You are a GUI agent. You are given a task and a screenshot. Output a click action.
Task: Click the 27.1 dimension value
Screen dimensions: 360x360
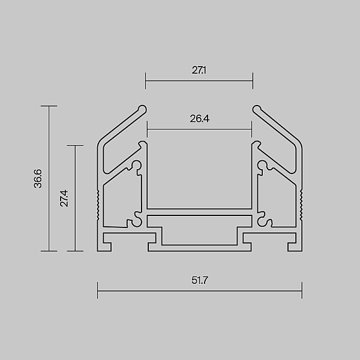coord(199,70)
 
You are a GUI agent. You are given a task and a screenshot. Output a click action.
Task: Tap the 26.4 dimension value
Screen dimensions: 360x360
coord(200,119)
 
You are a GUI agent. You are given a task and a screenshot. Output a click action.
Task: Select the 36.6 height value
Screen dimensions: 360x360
coord(38,179)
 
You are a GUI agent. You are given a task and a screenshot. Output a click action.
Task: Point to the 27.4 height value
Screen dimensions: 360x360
coord(64,198)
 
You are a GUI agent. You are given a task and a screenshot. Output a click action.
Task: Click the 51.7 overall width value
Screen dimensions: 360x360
coord(200,280)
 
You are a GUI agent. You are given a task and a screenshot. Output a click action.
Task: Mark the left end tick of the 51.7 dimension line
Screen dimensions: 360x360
coord(98,290)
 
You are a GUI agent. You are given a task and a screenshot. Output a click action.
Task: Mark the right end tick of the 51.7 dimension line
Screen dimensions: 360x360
coord(302,290)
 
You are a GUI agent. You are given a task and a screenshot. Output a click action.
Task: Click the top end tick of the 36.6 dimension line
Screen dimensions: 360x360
coord(49,106)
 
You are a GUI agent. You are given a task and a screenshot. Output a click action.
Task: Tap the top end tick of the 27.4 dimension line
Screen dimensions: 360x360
coord(75,145)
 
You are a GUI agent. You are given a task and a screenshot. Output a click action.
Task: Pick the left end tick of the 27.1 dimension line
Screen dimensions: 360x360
coord(145,80)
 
